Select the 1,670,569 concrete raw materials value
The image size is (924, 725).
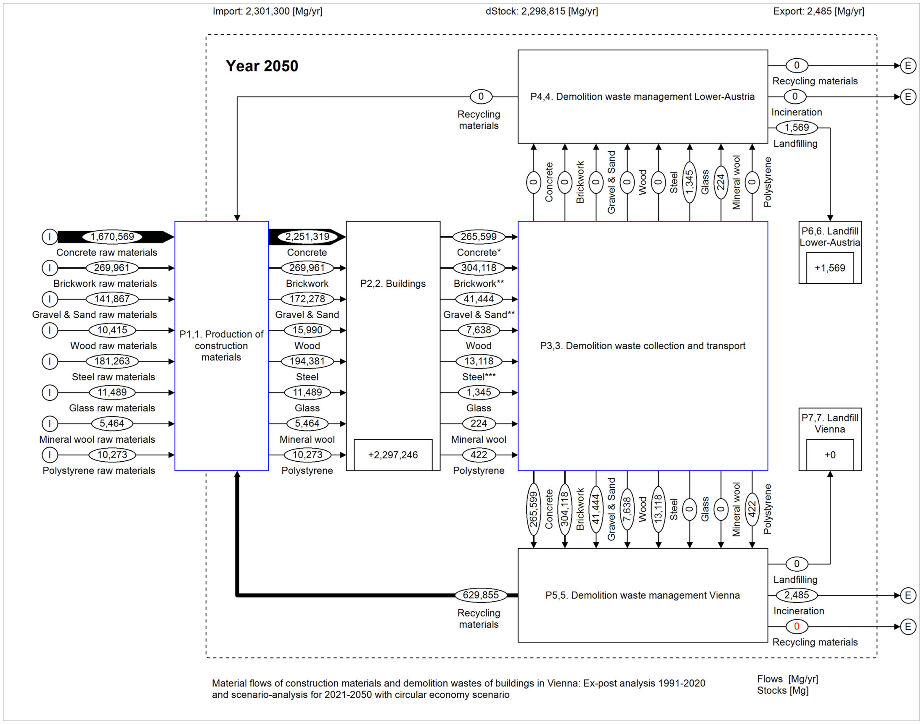point(112,236)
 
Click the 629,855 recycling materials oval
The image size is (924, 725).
point(481,595)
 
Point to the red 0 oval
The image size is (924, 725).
point(797,626)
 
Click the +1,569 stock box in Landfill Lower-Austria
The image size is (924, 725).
point(830,268)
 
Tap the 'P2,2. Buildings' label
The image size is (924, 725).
point(393,284)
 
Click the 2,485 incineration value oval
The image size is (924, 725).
point(797,595)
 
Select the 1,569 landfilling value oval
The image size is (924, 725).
point(797,127)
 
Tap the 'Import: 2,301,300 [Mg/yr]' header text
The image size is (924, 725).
point(268,11)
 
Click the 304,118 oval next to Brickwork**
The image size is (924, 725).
point(479,268)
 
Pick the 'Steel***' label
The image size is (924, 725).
point(479,377)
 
